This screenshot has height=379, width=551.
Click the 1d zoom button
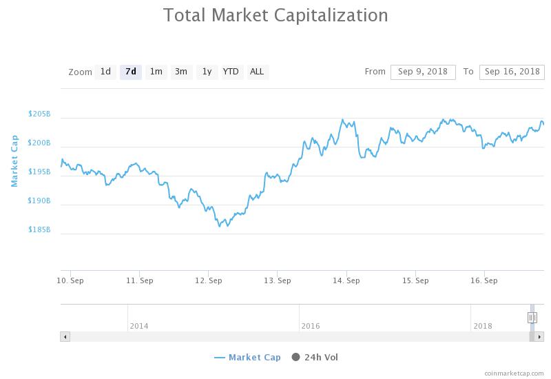tap(105, 72)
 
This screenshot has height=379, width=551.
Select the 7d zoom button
tap(131, 72)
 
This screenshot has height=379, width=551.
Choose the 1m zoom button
tap(156, 72)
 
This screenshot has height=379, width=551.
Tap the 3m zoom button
tap(181, 72)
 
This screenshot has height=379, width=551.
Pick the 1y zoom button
tap(207, 72)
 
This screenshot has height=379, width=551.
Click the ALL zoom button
tap(257, 72)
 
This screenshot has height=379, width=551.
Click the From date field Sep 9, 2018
tap(423, 72)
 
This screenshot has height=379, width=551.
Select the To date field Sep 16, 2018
tap(512, 72)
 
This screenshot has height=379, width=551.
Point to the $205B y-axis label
tap(39, 114)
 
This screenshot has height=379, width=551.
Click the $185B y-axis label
tap(39, 229)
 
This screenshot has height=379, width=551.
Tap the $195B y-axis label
tap(39, 172)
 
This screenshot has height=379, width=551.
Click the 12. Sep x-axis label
tap(209, 281)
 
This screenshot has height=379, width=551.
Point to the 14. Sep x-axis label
tap(346, 281)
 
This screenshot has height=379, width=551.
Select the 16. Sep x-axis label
tap(484, 281)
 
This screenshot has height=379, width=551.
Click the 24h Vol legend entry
tap(315, 357)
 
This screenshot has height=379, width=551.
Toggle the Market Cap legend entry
tap(248, 357)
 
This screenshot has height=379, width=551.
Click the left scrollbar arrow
tap(65, 337)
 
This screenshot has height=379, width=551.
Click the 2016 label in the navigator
tap(311, 326)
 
